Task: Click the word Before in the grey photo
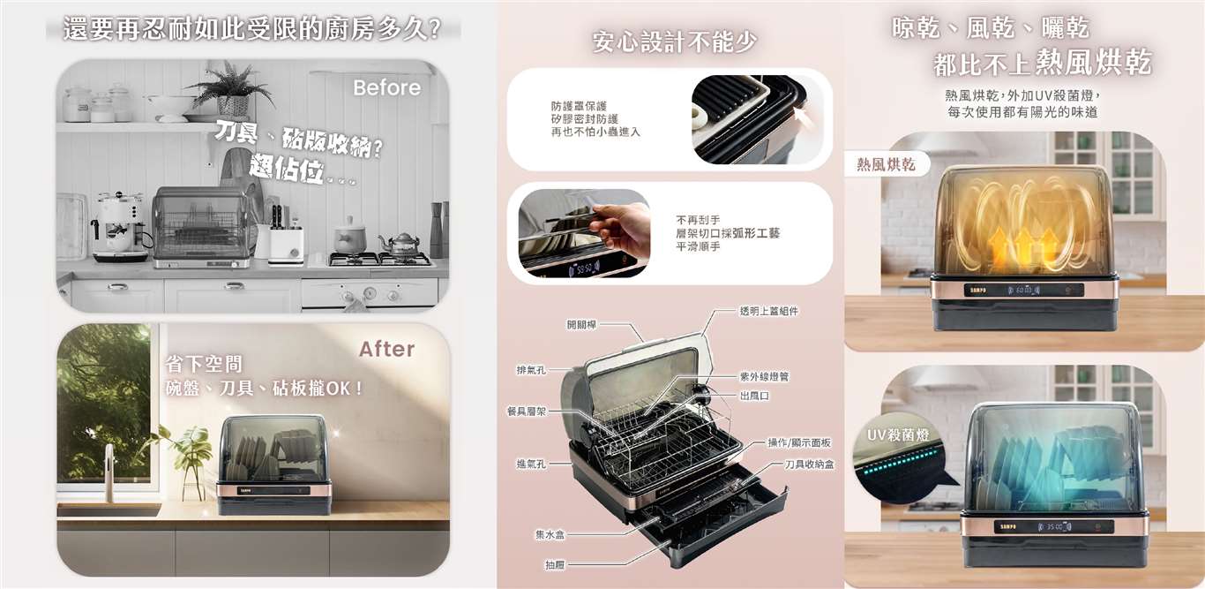(386, 87)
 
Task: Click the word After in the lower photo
(386, 349)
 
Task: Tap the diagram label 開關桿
(581, 325)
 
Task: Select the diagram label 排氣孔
(531, 370)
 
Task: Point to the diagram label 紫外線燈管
(765, 377)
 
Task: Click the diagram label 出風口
(755, 396)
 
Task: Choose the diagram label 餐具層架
(527, 412)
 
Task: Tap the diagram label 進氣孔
(531, 464)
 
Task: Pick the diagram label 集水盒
(550, 534)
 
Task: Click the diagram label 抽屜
(555, 565)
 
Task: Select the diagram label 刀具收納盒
(809, 464)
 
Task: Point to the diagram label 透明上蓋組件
(768, 311)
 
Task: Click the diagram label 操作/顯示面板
(799, 442)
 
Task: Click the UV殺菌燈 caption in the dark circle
(898, 435)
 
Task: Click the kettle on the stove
(401, 245)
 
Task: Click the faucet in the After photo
(109, 472)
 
